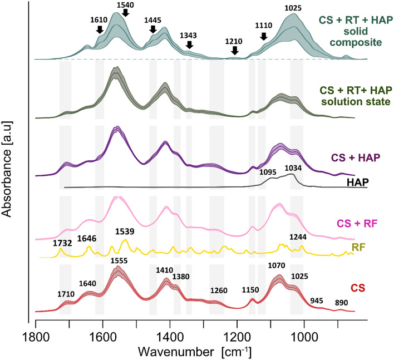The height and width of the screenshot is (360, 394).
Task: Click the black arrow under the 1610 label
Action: [100, 29]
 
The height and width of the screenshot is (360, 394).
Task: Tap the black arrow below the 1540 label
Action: [125, 12]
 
